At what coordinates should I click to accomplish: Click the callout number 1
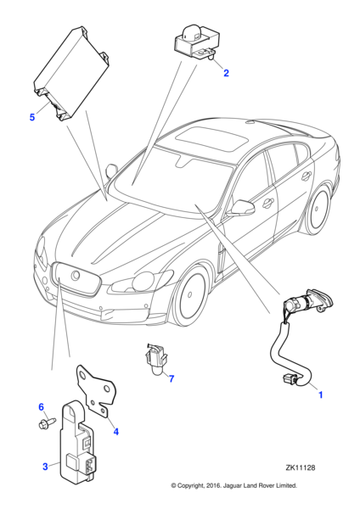[x=320, y=394]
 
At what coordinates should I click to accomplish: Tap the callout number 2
[x=226, y=73]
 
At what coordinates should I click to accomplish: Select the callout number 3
[x=44, y=466]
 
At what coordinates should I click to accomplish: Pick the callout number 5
[x=32, y=117]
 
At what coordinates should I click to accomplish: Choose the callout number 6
[x=40, y=407]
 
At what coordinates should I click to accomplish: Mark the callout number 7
[x=171, y=378]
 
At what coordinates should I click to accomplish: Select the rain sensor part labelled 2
[x=196, y=40]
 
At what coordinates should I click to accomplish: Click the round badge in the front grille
[x=74, y=277]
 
